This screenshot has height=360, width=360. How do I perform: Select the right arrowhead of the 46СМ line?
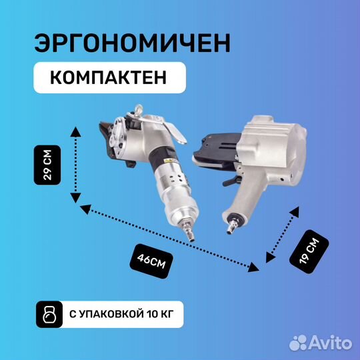(253, 269)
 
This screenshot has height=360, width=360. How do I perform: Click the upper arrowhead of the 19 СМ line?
(295, 210)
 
